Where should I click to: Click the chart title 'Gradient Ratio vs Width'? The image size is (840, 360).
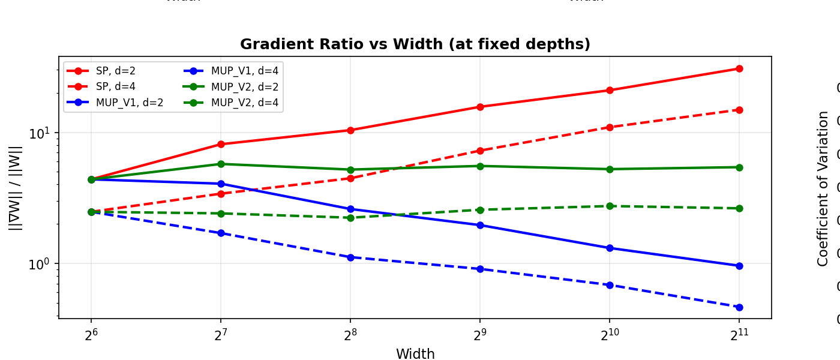point(415,44)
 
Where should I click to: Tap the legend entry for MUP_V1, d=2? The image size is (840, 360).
point(129,103)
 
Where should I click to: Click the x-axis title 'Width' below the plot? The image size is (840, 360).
point(415,354)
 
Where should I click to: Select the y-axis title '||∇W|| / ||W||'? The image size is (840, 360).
point(16,187)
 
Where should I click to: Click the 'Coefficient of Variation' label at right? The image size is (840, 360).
point(823,188)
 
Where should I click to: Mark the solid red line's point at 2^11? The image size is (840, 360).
point(739,69)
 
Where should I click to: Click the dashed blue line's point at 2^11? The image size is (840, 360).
point(739,307)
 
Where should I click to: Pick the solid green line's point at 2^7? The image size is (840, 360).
point(221,164)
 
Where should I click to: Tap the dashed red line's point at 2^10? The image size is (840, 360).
point(610,127)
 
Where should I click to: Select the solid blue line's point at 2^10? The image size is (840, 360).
point(610,248)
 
